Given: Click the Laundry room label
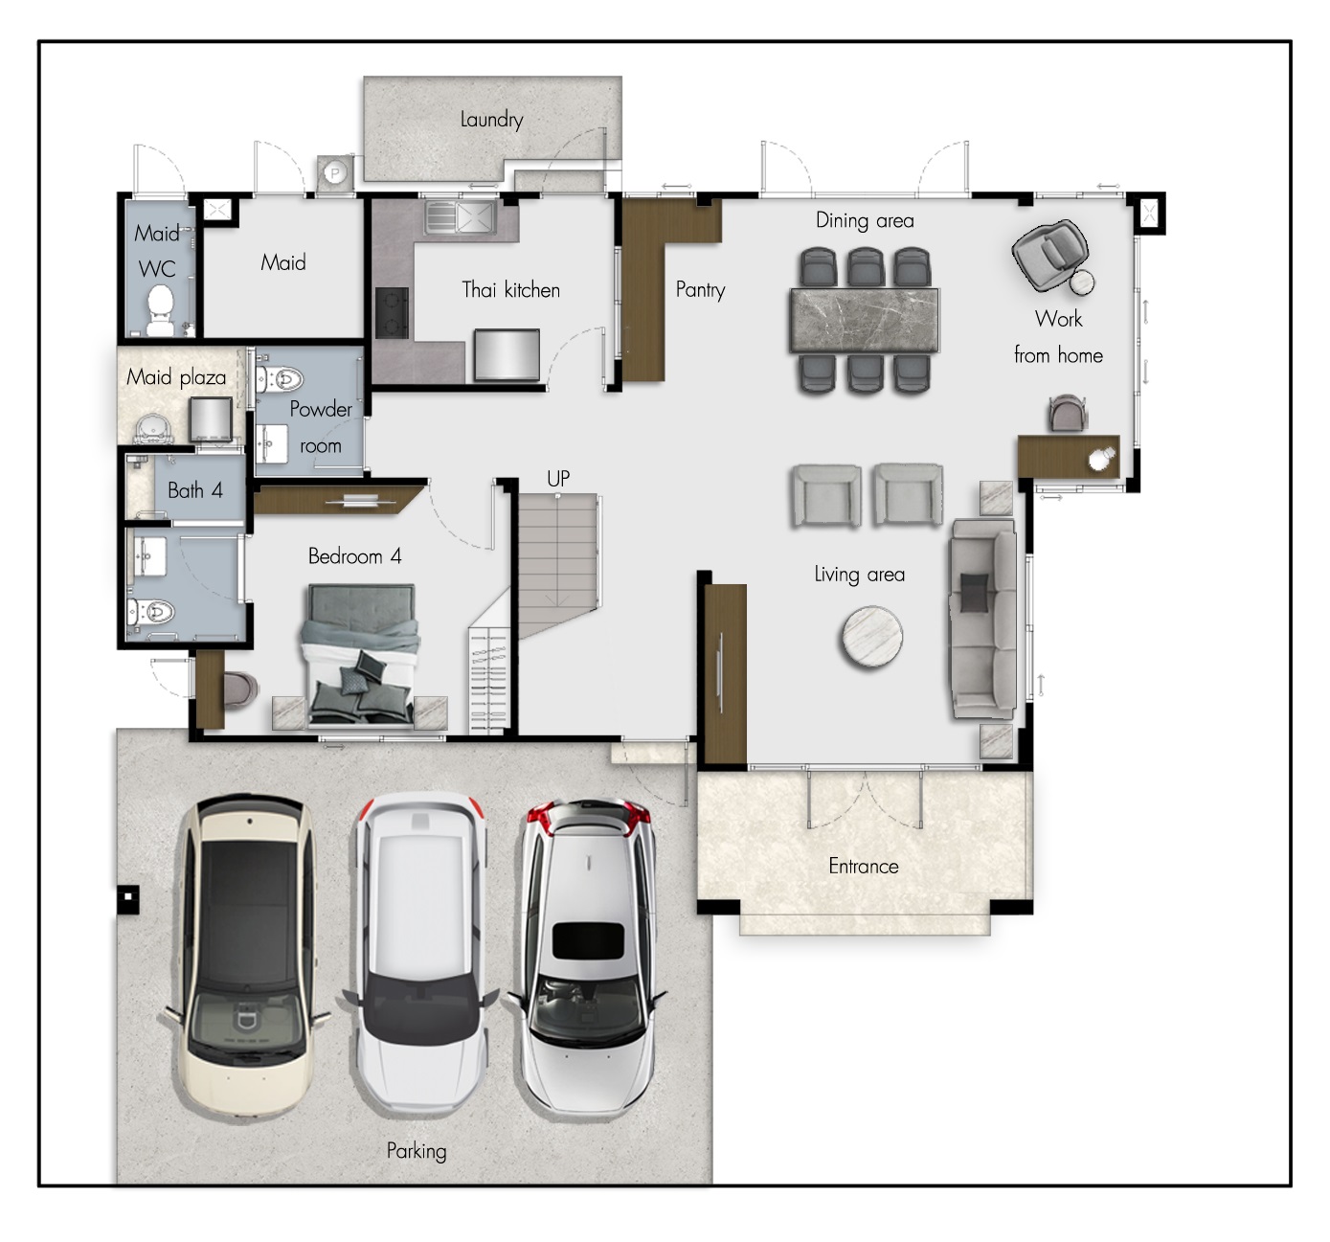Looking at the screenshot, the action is pos(491,120).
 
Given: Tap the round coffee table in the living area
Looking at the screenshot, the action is pos(871,637).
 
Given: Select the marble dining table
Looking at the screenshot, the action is pos(865,320).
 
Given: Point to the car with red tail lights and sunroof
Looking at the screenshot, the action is pos(588,958).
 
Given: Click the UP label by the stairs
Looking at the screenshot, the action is pos(558,478).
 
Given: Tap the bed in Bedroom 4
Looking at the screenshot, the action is pos(360,655).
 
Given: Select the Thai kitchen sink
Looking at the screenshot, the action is pos(460,216).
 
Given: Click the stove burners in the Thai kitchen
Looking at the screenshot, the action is pos(392,312).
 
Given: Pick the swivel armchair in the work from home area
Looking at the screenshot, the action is pos(1049,256).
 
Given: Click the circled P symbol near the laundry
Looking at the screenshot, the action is pos(334,173).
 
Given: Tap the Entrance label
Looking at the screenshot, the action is pos(864,867).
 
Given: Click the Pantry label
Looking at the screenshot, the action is pos(700,290).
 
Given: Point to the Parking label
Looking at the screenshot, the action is pos(416,1151).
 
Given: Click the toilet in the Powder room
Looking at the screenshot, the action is pos(280,379).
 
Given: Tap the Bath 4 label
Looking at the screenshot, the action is pos(195,490).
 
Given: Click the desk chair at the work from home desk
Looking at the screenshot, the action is pos(1069,413).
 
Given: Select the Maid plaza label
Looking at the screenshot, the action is pos(176,378).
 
